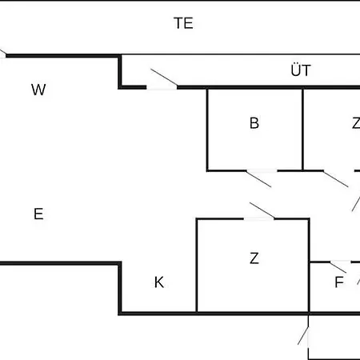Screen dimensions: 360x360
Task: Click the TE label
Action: point(183,23)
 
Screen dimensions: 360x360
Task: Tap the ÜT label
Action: point(301,70)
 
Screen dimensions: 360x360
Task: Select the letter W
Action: point(38,90)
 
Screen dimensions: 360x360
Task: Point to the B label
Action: point(254,123)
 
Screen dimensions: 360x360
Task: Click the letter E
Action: point(38,214)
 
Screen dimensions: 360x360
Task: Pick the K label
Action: point(159,282)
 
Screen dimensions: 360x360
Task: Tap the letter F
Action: point(339,282)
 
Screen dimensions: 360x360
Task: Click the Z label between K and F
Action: point(254,258)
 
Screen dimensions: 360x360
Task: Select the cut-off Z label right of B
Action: point(356,123)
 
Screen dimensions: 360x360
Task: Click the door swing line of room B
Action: point(258,179)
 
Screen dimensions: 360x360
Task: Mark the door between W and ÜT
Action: point(164,77)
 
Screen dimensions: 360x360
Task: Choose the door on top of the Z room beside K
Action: point(262,210)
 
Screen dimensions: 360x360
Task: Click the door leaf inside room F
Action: point(338,267)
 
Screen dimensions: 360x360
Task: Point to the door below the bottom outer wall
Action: point(303,336)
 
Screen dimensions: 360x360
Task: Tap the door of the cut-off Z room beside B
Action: point(335,179)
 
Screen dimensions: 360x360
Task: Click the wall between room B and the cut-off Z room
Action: point(302,130)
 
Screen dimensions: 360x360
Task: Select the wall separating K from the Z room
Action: point(197,266)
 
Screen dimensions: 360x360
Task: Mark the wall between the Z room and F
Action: point(309,266)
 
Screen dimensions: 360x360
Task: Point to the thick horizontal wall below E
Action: point(60,263)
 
